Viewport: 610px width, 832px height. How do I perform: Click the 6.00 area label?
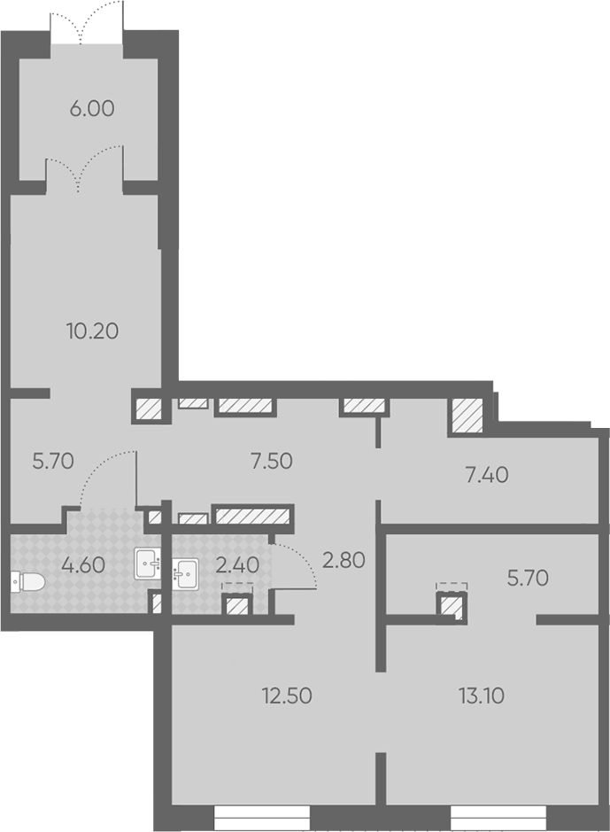tap(92, 109)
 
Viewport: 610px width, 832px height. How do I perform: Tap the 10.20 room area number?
tap(93, 331)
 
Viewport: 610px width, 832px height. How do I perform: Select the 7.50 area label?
tap(272, 461)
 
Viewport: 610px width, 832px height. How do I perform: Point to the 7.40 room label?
tap(487, 474)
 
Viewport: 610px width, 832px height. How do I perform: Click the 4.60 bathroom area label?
tap(83, 565)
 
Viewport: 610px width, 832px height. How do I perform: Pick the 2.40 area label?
tap(238, 565)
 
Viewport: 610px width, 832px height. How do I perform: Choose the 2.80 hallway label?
tap(344, 560)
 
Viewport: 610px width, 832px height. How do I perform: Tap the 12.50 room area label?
tap(287, 696)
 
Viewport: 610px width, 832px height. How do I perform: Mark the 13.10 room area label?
tap(482, 695)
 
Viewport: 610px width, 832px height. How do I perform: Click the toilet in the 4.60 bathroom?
tap(28, 583)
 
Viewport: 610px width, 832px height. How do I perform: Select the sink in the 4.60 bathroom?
tap(147, 564)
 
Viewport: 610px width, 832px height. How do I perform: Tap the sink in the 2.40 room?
tap(186, 573)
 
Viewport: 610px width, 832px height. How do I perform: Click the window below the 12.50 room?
tap(262, 818)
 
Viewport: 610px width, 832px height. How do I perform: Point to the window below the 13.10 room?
tap(498, 818)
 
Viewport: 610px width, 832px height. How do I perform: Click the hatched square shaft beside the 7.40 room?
tap(467, 416)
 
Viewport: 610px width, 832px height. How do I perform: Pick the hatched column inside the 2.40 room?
tap(238, 605)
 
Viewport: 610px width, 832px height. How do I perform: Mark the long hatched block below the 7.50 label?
tap(253, 516)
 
